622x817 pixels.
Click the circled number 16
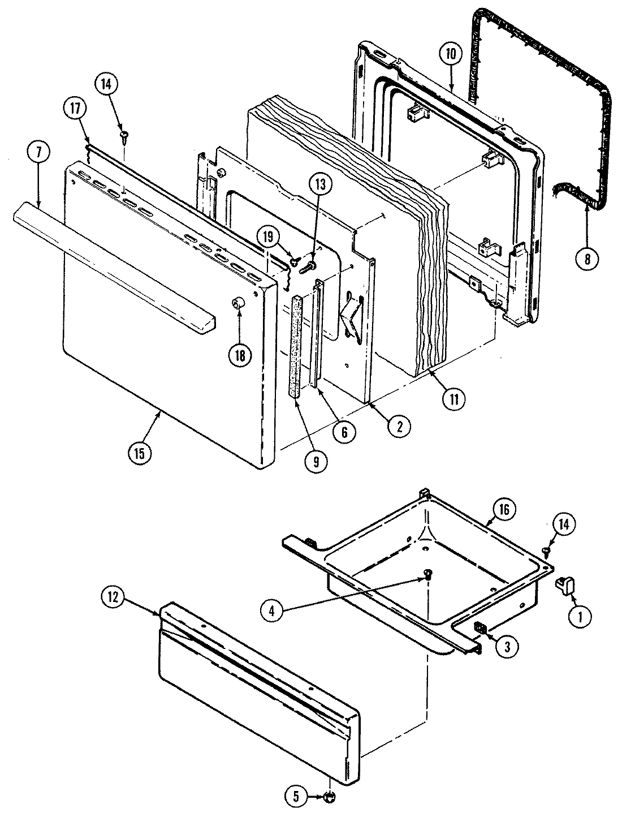[503, 510]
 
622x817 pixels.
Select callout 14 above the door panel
[107, 85]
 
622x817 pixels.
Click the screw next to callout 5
[329, 797]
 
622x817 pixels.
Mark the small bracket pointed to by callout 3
[480, 627]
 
